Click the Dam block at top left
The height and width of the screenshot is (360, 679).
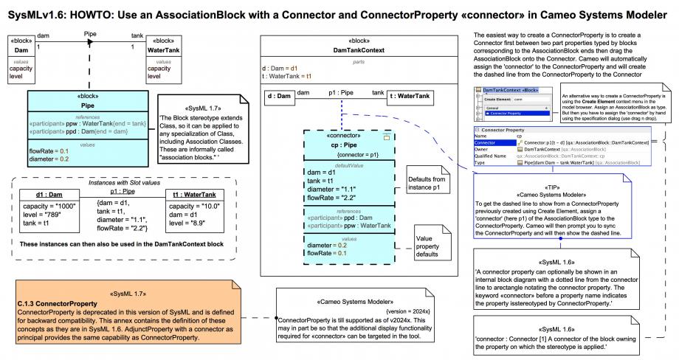pyautogui.click(x=21, y=50)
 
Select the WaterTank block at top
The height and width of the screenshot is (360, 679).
pyautogui.click(x=165, y=50)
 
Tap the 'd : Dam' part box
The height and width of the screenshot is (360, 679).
pyautogui.click(x=278, y=96)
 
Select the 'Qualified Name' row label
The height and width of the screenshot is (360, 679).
pyautogui.click(x=491, y=156)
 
